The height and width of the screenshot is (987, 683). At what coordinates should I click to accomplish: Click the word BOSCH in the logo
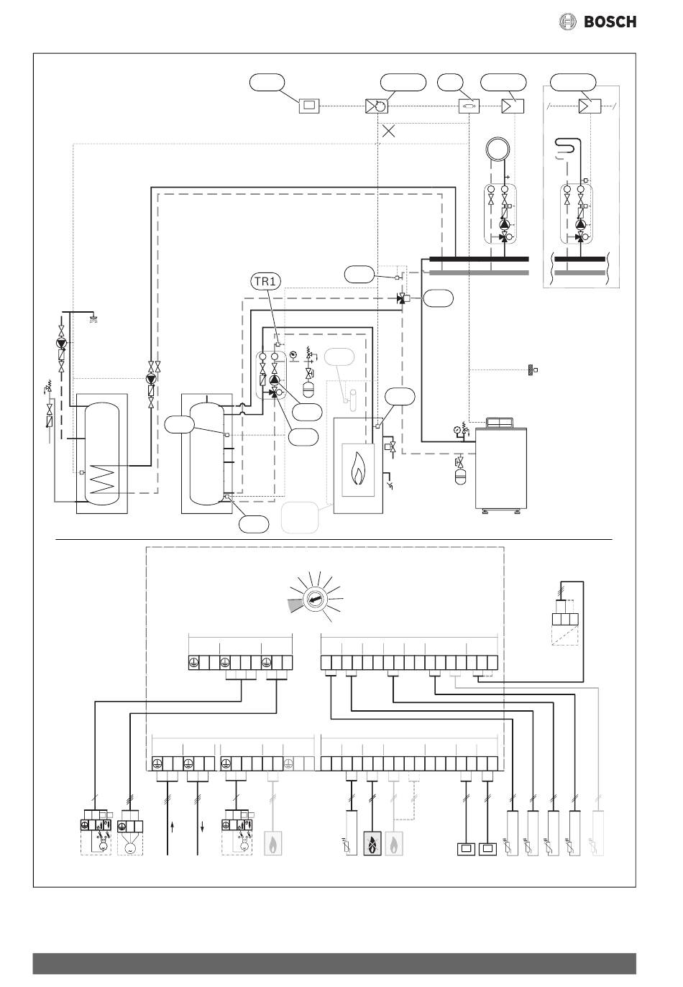pyautogui.click(x=610, y=22)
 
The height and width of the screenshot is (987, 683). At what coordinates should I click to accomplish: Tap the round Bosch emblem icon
pyautogui.click(x=567, y=22)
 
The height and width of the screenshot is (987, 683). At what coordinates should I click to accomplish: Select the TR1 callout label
pyautogui.click(x=266, y=282)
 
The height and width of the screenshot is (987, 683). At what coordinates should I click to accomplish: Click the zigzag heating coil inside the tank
pyautogui.click(x=103, y=479)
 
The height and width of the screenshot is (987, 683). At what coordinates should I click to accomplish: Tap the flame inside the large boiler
pyautogui.click(x=358, y=471)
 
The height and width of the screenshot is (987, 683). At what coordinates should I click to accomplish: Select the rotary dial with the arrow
pyautogui.click(x=315, y=600)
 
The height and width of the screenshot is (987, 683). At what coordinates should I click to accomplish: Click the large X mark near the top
pyautogui.click(x=388, y=131)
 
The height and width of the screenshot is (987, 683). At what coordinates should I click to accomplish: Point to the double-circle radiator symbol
pyautogui.click(x=498, y=149)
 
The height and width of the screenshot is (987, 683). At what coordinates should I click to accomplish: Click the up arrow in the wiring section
pyautogui.click(x=173, y=827)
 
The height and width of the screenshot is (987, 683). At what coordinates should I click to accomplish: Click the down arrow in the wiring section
pyautogui.click(x=202, y=827)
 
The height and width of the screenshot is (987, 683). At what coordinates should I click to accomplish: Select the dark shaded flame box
pyautogui.click(x=372, y=843)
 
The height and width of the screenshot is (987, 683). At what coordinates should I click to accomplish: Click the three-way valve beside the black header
pyautogui.click(x=401, y=299)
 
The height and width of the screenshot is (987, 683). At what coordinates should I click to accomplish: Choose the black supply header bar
pyautogui.click(x=479, y=259)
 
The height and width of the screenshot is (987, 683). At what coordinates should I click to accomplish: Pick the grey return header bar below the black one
pyautogui.click(x=479, y=273)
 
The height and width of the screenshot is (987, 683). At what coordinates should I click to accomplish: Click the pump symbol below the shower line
pyautogui.click(x=61, y=343)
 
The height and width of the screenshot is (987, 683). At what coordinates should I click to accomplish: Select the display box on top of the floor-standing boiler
pyautogui.click(x=499, y=423)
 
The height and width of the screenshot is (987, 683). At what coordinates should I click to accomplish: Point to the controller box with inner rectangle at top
pyautogui.click(x=309, y=106)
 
